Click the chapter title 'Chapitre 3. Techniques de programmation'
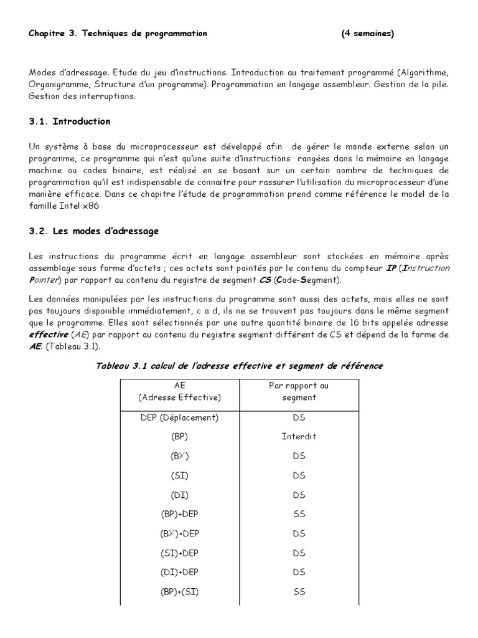[118, 34]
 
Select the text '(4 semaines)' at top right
[367, 34]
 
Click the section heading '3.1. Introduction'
[69, 121]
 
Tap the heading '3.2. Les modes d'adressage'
[93, 231]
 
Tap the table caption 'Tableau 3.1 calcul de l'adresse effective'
[239, 366]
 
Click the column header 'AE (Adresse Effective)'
[180, 391]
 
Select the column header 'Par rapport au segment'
[299, 391]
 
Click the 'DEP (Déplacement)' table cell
[179, 417]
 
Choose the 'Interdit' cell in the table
[299, 436]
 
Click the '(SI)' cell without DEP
[179, 475]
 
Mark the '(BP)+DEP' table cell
[179, 514]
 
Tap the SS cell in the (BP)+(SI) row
[299, 591]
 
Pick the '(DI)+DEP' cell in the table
[179, 572]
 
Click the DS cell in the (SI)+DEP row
[299, 553]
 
